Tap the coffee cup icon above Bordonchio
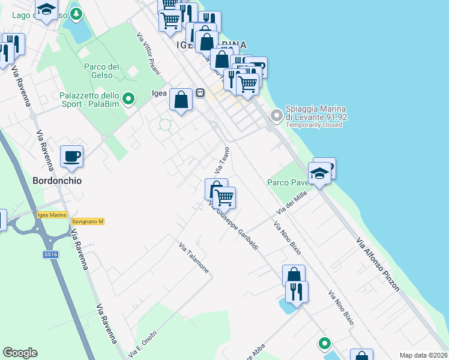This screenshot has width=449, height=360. coord(72,157)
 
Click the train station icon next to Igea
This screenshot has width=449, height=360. coord(200,93)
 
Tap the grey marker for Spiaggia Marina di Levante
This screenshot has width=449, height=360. coord(276,115)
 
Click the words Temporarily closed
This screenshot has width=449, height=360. coord(313,125)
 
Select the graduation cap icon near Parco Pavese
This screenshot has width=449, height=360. coord(319,174)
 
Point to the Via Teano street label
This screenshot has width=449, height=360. coord(223,161)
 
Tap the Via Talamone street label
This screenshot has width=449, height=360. coord(194,257)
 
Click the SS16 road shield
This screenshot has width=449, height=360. coord(50,254)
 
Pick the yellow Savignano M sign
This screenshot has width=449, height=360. coord(88,221)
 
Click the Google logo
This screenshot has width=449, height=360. coord(20,353)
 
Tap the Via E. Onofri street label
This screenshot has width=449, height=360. coord(142,344)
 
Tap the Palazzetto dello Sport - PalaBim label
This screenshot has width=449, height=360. coord(89,100)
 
